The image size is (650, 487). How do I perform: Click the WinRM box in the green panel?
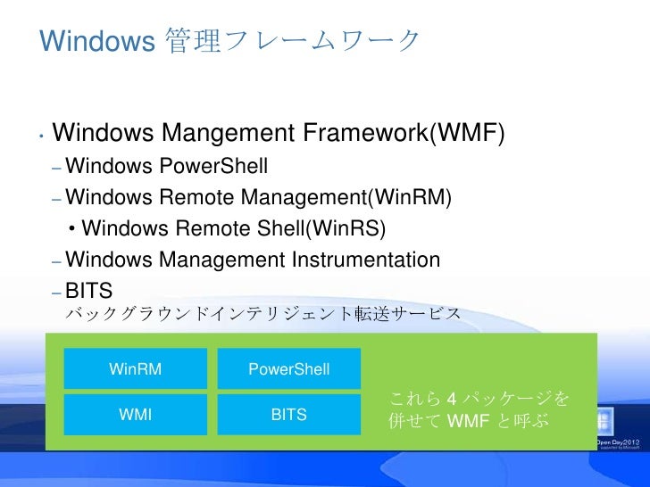pyautogui.click(x=135, y=369)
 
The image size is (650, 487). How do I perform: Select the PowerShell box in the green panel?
pyautogui.click(x=288, y=369)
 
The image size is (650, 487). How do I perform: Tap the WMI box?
pyautogui.click(x=135, y=415)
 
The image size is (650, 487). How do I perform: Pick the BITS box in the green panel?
pyautogui.click(x=288, y=415)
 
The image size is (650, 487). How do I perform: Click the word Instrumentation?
pyautogui.click(x=366, y=260)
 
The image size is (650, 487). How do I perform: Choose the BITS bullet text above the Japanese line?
pyautogui.click(x=88, y=289)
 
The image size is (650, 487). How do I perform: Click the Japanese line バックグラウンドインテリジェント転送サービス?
pyautogui.click(x=264, y=313)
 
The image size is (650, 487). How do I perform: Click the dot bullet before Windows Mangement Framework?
pyautogui.click(x=42, y=137)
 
